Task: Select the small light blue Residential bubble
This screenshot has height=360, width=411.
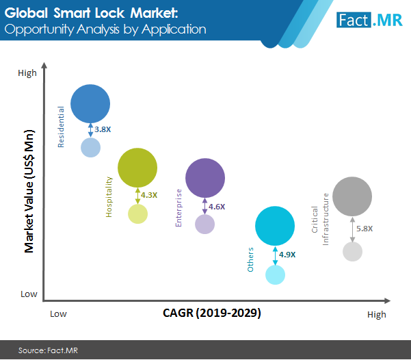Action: click(91, 146)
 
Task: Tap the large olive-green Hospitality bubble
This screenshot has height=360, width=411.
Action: click(137, 168)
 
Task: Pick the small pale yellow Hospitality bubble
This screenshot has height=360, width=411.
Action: click(137, 214)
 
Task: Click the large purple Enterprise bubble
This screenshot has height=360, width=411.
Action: click(205, 178)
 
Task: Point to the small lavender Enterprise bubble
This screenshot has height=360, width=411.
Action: click(204, 224)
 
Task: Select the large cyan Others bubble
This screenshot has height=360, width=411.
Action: click(275, 226)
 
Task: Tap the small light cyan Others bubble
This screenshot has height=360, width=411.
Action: click(275, 274)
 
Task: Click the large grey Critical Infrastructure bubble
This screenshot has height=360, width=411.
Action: click(352, 197)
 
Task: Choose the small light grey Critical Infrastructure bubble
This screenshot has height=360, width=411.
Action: click(352, 251)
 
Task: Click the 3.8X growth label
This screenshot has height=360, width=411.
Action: click(103, 129)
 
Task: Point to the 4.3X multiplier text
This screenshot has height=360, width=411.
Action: click(149, 195)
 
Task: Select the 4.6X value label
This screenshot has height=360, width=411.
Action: click(217, 206)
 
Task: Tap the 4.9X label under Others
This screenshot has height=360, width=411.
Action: click(287, 255)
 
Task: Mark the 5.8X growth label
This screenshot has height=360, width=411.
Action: click(364, 228)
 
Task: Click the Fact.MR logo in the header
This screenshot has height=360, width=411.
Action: click(369, 18)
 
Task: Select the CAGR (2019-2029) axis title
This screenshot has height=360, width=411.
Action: click(212, 313)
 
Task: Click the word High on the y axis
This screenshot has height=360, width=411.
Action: click(27, 73)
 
